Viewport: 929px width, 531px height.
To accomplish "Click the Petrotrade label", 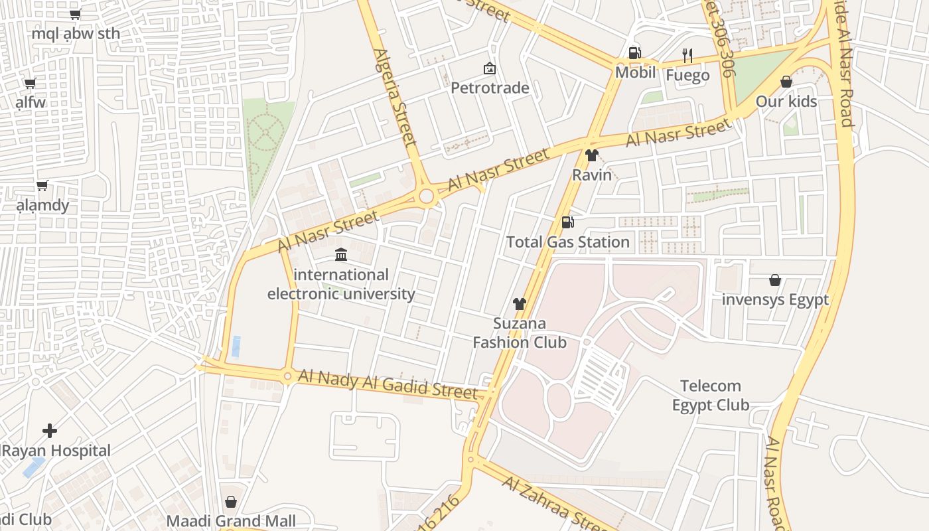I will click(x=490, y=88).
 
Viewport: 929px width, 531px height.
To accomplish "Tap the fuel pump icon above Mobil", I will click(x=635, y=53).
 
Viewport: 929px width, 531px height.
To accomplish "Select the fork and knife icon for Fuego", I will click(x=687, y=56).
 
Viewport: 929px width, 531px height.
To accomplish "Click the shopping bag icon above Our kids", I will click(x=786, y=82).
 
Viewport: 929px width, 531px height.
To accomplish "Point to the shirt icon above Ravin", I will click(x=592, y=156).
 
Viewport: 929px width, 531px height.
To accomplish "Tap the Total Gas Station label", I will click(x=568, y=242).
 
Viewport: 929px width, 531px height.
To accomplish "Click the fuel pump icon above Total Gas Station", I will click(x=567, y=222).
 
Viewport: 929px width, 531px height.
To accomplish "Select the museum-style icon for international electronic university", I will click(x=341, y=254).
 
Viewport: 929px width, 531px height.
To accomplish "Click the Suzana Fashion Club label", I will click(x=519, y=333).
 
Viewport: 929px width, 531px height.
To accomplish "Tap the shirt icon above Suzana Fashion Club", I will click(x=519, y=304).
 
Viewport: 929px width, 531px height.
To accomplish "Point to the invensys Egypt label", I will click(x=775, y=300).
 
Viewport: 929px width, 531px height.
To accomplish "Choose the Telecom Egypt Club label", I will click(x=711, y=396).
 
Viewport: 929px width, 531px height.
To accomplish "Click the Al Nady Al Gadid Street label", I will click(x=388, y=384).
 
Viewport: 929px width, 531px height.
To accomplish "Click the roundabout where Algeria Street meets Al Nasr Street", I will click(x=427, y=196).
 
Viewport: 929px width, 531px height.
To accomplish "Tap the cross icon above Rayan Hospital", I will click(x=50, y=431).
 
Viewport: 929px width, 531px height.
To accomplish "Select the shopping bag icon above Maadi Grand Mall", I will click(x=231, y=501).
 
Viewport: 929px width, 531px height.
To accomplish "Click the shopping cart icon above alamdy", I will click(x=42, y=185).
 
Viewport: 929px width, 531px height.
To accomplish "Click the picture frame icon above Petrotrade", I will click(x=490, y=68).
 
